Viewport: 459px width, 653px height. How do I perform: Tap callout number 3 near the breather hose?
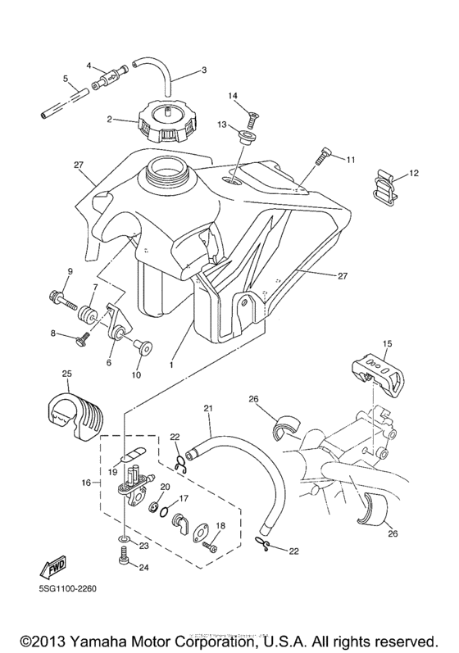(x=203, y=70)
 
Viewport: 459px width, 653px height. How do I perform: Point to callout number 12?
(x=413, y=174)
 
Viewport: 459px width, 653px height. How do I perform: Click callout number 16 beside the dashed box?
(x=86, y=484)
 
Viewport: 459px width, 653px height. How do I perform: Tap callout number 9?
(x=70, y=271)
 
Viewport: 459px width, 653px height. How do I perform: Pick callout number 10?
(x=135, y=374)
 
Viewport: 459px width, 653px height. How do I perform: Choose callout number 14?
(x=233, y=97)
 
